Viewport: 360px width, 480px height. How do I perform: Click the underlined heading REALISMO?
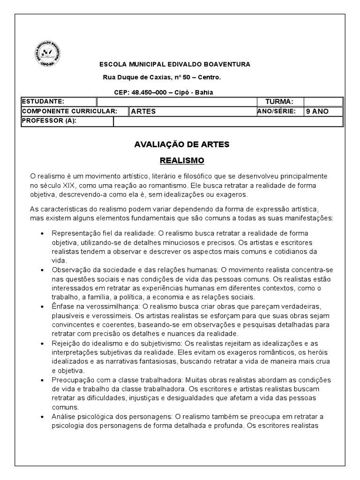(182, 160)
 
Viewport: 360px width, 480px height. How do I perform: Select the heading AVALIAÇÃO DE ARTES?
(182, 144)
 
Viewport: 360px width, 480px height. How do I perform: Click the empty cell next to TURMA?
(323, 102)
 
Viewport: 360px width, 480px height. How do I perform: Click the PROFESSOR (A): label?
(49, 121)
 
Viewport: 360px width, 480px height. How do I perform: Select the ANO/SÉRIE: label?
(277, 111)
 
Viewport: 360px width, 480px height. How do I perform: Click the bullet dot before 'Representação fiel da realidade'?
(43, 233)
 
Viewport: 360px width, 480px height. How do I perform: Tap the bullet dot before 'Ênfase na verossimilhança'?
(43, 307)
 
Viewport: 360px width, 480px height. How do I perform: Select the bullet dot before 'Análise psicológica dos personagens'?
(43, 417)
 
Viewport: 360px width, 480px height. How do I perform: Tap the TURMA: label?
(279, 102)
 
